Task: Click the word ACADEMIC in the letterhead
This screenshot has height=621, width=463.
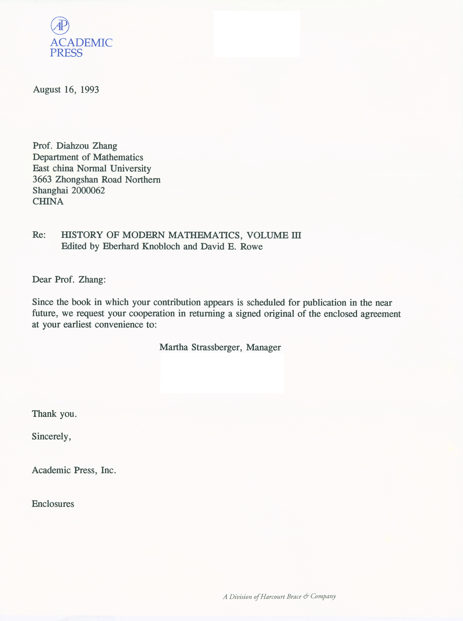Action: tap(81, 43)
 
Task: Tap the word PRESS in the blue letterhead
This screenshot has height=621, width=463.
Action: tap(66, 53)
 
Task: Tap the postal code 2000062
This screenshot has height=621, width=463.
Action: tap(88, 191)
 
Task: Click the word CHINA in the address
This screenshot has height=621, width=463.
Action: tap(48, 202)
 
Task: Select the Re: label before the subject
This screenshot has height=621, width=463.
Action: tap(39, 235)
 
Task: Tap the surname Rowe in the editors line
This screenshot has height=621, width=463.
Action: tap(251, 247)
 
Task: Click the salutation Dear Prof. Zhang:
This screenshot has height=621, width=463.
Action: tap(69, 280)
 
